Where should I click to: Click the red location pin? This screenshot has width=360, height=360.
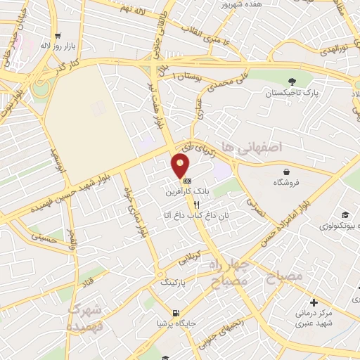click(181, 166)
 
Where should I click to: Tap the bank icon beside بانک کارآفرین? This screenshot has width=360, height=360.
click(186, 181)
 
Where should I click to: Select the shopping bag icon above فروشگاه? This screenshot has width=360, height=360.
click(287, 172)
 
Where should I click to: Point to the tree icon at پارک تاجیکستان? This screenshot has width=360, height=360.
click(291, 81)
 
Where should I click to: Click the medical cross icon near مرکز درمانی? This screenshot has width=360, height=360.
click(313, 302)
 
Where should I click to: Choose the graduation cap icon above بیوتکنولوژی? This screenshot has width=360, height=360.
click(345, 214)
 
